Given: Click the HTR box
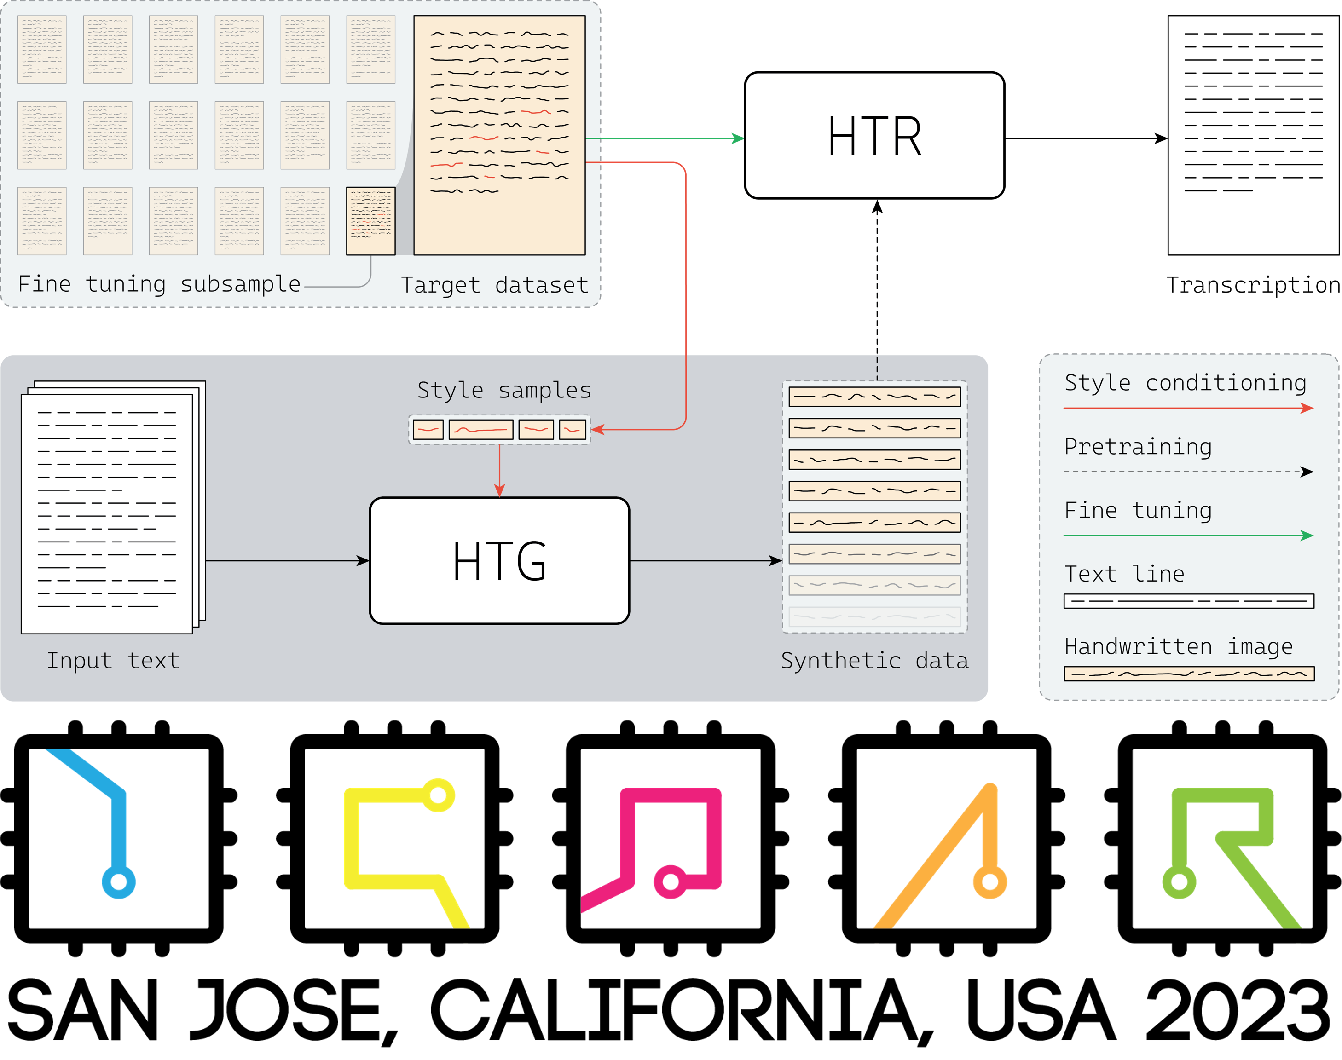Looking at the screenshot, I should tap(874, 135).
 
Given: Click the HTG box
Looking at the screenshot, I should tap(499, 560).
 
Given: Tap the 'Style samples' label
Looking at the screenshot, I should tap(504, 390).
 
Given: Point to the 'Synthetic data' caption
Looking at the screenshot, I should tap(874, 660).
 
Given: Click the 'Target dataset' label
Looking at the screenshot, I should tap(494, 285).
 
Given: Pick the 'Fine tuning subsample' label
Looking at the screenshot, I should tap(159, 283).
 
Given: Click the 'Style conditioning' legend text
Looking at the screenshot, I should tap(1185, 383).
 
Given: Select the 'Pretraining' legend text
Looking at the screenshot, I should tap(1138, 447).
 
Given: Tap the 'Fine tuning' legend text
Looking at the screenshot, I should tap(1138, 510).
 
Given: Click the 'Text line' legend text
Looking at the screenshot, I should tap(1124, 574).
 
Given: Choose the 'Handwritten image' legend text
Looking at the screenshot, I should tap(1178, 647).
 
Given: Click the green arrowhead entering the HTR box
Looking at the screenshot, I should tap(739, 138).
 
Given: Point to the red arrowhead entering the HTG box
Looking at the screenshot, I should tap(499, 491).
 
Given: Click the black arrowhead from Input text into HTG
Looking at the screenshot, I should tap(363, 561).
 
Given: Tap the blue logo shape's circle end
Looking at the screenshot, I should tap(119, 882).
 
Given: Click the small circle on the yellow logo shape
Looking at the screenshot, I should tap(438, 795).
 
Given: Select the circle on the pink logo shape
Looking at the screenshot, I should tap(671, 881).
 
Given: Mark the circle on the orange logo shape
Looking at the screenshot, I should tap(990, 881).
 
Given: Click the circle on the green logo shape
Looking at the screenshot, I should tap(1179, 881).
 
